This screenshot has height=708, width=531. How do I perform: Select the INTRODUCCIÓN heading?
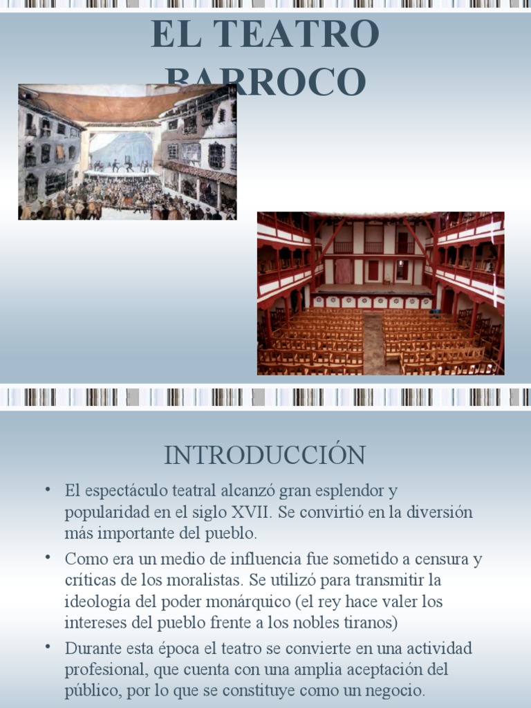point(265,455)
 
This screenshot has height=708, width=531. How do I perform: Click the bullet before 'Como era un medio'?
point(48,557)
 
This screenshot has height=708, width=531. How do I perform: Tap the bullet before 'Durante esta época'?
point(48,646)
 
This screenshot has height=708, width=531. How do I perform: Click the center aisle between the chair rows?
point(373,342)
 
